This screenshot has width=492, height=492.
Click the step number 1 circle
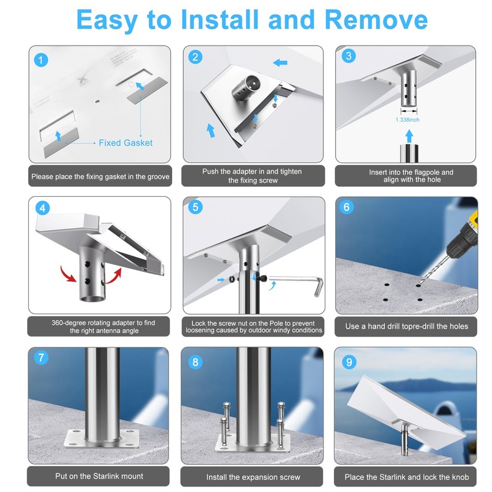(x=41, y=60)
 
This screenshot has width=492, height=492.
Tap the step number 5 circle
(x=195, y=207)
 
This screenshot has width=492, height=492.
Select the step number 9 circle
(x=349, y=362)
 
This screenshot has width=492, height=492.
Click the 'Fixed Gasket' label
(x=125, y=143)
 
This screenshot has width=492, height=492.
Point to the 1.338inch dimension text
(x=407, y=120)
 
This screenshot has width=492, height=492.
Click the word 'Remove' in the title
(x=376, y=20)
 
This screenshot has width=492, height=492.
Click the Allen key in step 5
(x=296, y=284)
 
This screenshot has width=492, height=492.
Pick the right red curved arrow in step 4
(x=114, y=276)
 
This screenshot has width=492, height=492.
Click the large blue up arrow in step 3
(x=409, y=136)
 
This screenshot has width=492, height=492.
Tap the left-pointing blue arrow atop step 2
(x=280, y=63)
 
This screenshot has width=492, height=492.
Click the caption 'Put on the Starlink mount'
(x=99, y=476)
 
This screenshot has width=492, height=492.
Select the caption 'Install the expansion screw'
(x=253, y=477)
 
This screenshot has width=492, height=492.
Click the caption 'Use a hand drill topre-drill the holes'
(x=407, y=327)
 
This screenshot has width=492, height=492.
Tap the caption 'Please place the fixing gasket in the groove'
(x=100, y=177)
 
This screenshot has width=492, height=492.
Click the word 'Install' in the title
(x=220, y=20)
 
